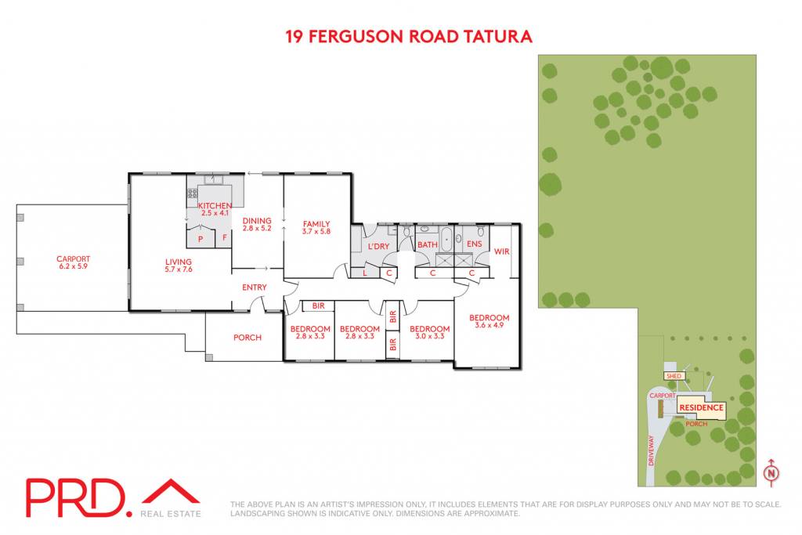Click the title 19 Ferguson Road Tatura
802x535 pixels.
(409, 36)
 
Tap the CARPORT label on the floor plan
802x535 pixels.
(73, 258)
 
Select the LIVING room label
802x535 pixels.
(179, 262)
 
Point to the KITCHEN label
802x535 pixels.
(215, 205)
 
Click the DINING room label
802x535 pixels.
(257, 221)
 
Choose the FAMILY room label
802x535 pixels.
(316, 223)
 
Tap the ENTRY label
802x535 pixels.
(255, 287)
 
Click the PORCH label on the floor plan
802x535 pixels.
(247, 338)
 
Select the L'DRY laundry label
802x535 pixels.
(378, 247)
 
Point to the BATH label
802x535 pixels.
(428, 244)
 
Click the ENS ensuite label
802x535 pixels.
(474, 244)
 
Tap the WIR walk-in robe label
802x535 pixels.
(502, 251)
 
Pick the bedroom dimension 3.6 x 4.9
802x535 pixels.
(489, 325)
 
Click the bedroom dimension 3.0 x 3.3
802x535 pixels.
(430, 336)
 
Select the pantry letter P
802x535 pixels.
(200, 239)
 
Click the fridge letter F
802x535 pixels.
(225, 237)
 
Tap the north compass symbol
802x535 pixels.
(771, 472)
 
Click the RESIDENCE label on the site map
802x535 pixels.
(701, 407)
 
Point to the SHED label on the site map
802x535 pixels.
(674, 376)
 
